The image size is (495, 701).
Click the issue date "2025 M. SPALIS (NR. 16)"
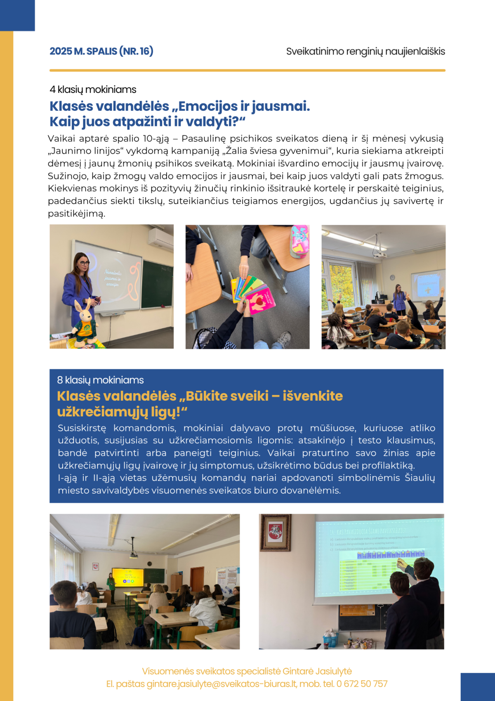101,51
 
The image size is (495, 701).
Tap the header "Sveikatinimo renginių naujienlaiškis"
365,52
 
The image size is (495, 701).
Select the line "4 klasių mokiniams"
93,90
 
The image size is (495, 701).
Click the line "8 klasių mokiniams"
100,380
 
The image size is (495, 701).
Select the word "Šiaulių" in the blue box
420,478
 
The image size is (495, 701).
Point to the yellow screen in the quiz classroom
128,577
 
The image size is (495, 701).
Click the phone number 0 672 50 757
362,684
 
